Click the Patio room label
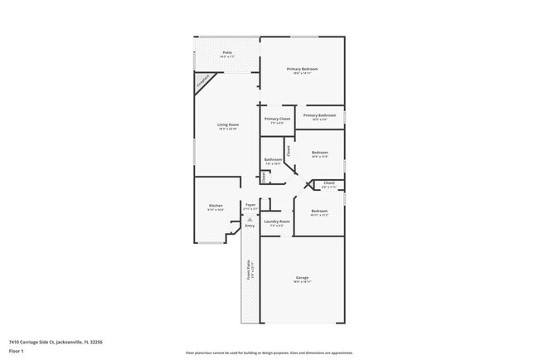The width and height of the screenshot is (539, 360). tap(227, 52)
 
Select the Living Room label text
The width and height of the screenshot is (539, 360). tap(228, 124)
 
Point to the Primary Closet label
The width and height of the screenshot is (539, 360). tap(278, 119)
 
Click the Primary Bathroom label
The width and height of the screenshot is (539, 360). tap(319, 115)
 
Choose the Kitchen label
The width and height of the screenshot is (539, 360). tap(216, 205)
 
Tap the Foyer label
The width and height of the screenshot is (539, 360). tap(250, 204)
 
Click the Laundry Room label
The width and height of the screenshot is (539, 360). tap(277, 221)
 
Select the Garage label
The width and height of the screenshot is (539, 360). tap(302, 279)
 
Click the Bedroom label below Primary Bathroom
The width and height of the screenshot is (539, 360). tap(320, 152)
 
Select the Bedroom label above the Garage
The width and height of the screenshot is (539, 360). tap(319, 211)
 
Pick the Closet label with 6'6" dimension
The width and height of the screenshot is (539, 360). tap(329, 182)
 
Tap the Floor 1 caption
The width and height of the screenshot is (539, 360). tap(17, 351)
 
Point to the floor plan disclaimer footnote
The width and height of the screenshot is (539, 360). tap(269, 353)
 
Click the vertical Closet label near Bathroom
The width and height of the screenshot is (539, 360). tap(289, 151)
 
